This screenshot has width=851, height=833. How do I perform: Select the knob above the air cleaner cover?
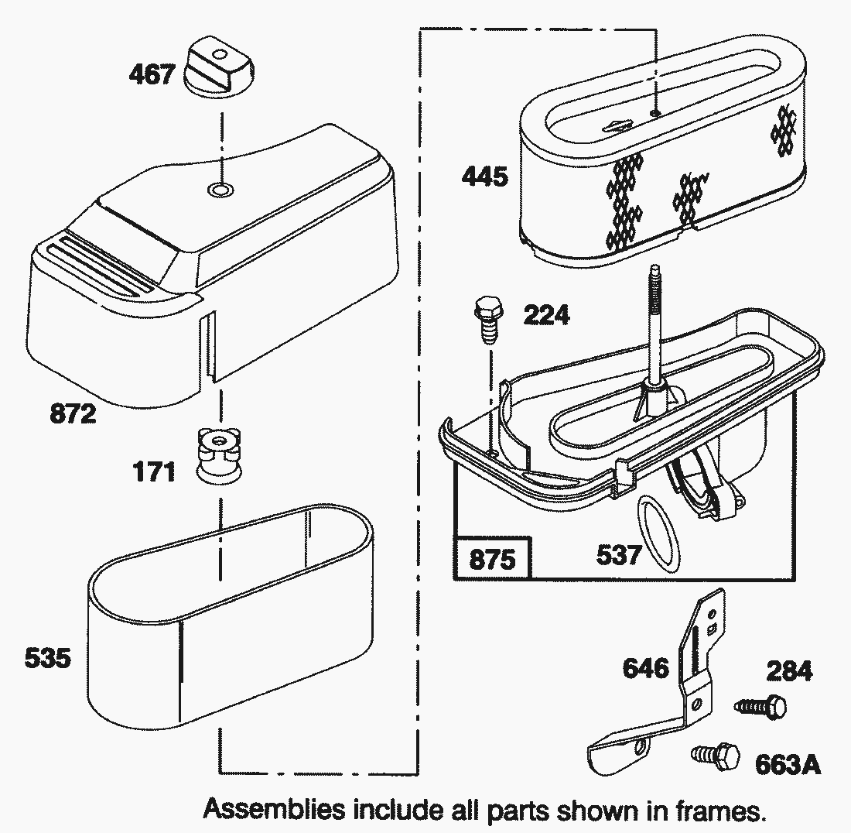point(221,70)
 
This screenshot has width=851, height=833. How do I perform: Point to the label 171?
point(154,471)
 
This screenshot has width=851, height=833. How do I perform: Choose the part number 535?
point(48,659)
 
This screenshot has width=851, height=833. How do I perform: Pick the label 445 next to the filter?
point(485,177)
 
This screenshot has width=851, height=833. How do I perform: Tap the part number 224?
point(546,315)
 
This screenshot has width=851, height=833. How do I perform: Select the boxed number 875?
point(492,558)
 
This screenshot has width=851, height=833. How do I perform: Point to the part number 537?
point(619,555)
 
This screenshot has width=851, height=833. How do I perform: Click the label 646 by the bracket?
point(646,667)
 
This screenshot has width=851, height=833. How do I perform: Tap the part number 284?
point(789,670)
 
